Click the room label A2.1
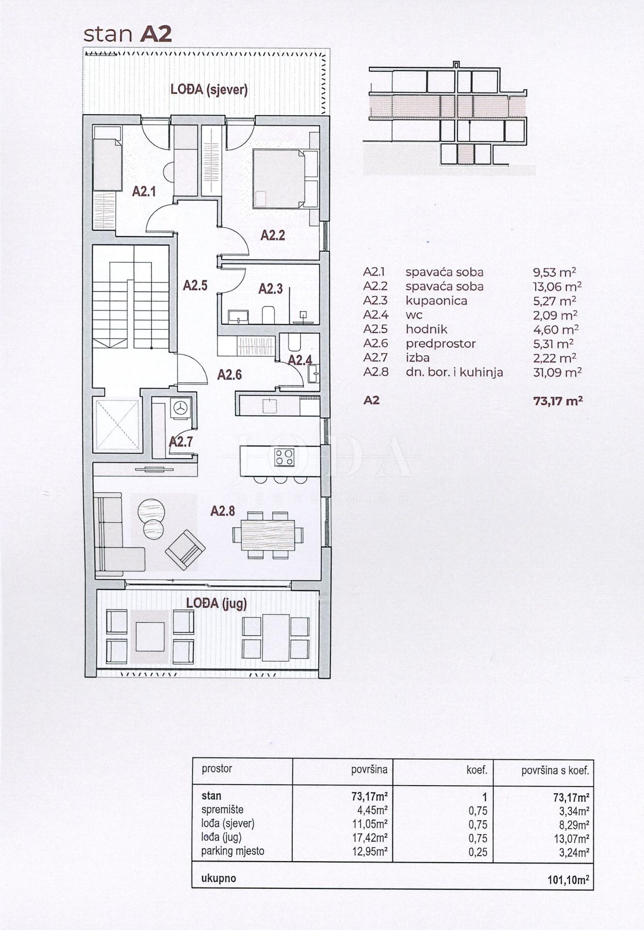pos(144,191)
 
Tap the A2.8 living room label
pos(222,511)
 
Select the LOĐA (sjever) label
pos(209,90)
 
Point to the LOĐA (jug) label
pos(217,604)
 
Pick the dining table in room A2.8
pos(268,535)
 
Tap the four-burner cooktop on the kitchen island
pos(284,457)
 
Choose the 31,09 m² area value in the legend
pos(557,372)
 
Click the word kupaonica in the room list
pos(436,301)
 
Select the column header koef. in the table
pos(476,770)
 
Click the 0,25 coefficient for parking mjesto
pos(478,852)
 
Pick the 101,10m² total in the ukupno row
pos(568,880)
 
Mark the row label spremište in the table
pos(222,810)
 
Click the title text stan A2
pos(127,34)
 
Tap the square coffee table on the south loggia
pos(150,636)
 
